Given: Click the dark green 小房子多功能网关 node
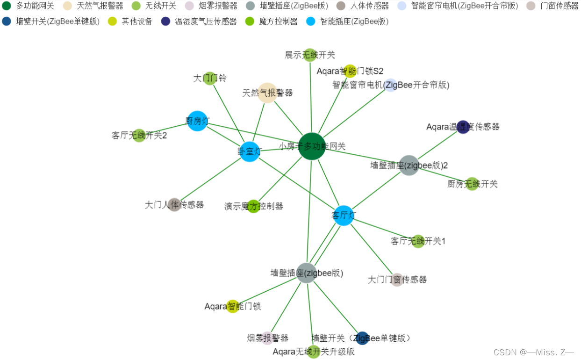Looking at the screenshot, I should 311,146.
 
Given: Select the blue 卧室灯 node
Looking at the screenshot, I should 250,151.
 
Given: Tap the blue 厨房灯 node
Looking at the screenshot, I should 197,121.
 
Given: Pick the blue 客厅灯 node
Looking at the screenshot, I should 344,216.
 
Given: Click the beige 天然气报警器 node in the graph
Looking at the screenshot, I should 267,93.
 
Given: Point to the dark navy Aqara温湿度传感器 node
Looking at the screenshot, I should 463,127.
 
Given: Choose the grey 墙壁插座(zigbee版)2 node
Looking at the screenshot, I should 409,166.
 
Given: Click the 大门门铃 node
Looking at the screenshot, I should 210,78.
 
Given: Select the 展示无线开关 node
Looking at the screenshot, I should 310,55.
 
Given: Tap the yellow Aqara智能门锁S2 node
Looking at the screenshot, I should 350,71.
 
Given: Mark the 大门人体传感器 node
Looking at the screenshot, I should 174,205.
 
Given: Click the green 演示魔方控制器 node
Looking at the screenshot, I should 253,206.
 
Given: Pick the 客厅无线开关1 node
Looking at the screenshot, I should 418,241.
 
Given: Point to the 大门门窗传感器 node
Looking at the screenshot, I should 397,280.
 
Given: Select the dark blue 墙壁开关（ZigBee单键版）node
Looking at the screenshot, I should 362,338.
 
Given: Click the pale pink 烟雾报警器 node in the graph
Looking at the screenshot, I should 267,338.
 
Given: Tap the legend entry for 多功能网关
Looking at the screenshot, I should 28,6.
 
